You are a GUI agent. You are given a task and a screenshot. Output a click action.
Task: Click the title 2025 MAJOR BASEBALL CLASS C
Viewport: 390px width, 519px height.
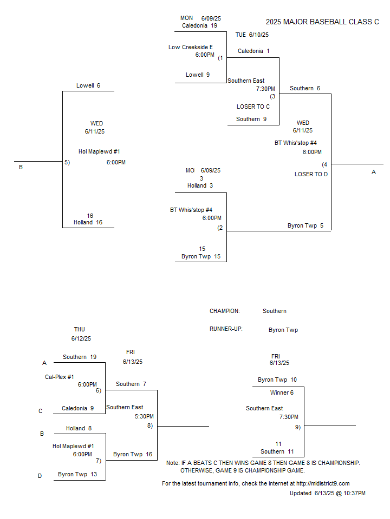pyautogui.click(x=322, y=22)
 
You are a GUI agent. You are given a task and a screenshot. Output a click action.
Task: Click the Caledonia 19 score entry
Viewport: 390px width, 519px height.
pyautogui.click(x=200, y=25)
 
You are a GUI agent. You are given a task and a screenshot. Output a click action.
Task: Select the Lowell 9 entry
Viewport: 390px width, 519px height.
pyautogui.click(x=198, y=75)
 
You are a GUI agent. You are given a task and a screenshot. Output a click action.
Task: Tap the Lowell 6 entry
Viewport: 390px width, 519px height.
pyautogui.click(x=88, y=85)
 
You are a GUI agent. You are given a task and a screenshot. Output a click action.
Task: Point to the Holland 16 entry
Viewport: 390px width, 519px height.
pyautogui.click(x=88, y=222)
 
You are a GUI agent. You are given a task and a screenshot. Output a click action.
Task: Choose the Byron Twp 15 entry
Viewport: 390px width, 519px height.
pyautogui.click(x=201, y=256)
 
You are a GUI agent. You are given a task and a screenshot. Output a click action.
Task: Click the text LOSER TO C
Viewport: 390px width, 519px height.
pyautogui.click(x=253, y=107)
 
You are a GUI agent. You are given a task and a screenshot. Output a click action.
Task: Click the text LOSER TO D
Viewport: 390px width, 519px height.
pyautogui.click(x=311, y=174)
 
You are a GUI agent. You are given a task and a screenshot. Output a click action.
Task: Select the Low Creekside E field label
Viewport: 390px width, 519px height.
pyautogui.click(x=191, y=48)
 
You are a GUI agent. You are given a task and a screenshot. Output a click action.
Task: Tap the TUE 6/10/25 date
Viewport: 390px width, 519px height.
pyautogui.click(x=252, y=35)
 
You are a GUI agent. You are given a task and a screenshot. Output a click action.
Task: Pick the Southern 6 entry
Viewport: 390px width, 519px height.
pyautogui.click(x=305, y=88)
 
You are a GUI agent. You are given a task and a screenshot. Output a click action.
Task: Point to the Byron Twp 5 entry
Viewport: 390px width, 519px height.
pyautogui.click(x=305, y=226)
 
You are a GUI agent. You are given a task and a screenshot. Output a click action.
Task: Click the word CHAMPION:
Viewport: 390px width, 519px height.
pyautogui.click(x=224, y=311)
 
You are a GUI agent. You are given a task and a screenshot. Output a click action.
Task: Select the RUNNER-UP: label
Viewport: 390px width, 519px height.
pyautogui.click(x=226, y=329)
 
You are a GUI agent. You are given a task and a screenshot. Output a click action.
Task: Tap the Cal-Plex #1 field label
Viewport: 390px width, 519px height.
pyautogui.click(x=60, y=377)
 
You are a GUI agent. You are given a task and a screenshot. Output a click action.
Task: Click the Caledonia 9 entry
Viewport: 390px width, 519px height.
pyautogui.click(x=77, y=409)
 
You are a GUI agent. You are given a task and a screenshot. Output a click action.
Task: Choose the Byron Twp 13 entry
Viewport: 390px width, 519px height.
pyautogui.click(x=77, y=474)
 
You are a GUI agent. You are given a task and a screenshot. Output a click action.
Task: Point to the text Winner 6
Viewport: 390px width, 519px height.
pyautogui.click(x=282, y=393)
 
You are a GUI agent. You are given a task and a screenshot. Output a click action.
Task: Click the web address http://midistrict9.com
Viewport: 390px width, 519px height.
pyautogui.click(x=323, y=483)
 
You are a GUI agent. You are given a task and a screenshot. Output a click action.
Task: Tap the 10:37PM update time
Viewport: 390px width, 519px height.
pyautogui.click(x=354, y=493)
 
